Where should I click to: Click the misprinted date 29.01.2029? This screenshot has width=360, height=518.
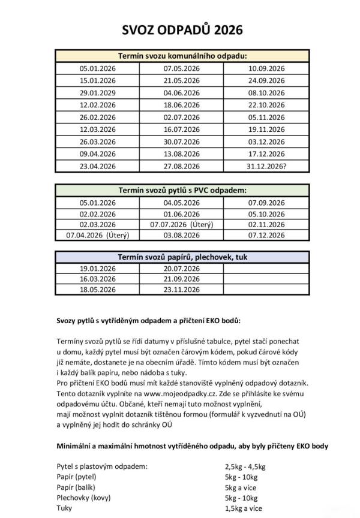[x=97, y=92]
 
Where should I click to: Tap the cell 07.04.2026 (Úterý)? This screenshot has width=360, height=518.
[x=97, y=236]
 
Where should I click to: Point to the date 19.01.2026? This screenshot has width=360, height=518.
[x=97, y=269]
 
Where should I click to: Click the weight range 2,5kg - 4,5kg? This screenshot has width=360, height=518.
[x=245, y=466]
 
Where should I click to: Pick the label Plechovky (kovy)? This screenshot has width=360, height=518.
[x=85, y=498]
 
